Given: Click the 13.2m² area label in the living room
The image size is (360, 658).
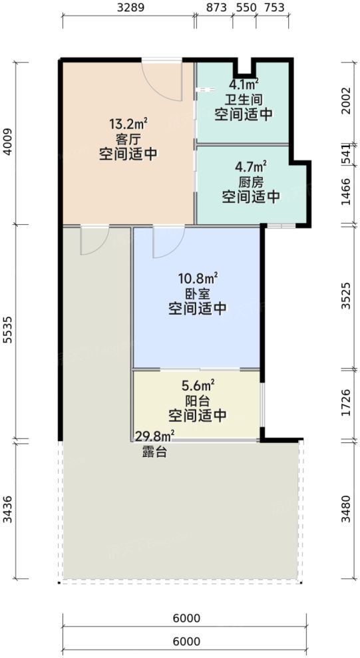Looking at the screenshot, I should coord(127,124).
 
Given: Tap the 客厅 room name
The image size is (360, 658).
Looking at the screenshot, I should coord(127,139).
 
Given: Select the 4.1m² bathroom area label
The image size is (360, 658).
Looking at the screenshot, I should coord(244,85).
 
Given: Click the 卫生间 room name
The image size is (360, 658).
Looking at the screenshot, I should coord(244,100).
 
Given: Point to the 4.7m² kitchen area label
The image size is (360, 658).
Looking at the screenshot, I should coord(252,166).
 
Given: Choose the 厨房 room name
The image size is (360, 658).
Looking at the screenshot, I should coord(252,181).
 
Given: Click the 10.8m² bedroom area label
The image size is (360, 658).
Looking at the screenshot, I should coord(197,278).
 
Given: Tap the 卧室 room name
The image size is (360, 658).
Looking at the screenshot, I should coord(197,293).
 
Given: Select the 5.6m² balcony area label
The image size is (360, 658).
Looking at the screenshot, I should coord(198,385).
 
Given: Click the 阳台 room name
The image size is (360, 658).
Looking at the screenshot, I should coord(198,401).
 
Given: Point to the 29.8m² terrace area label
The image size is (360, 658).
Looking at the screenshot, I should coord(154,436).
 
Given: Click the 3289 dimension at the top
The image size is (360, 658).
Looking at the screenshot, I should coord(129,8).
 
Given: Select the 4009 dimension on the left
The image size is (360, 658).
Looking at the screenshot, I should coord(8,142).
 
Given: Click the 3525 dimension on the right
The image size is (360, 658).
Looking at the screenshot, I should coord(346,297).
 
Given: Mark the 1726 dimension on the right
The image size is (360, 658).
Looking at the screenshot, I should coord(346,404).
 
